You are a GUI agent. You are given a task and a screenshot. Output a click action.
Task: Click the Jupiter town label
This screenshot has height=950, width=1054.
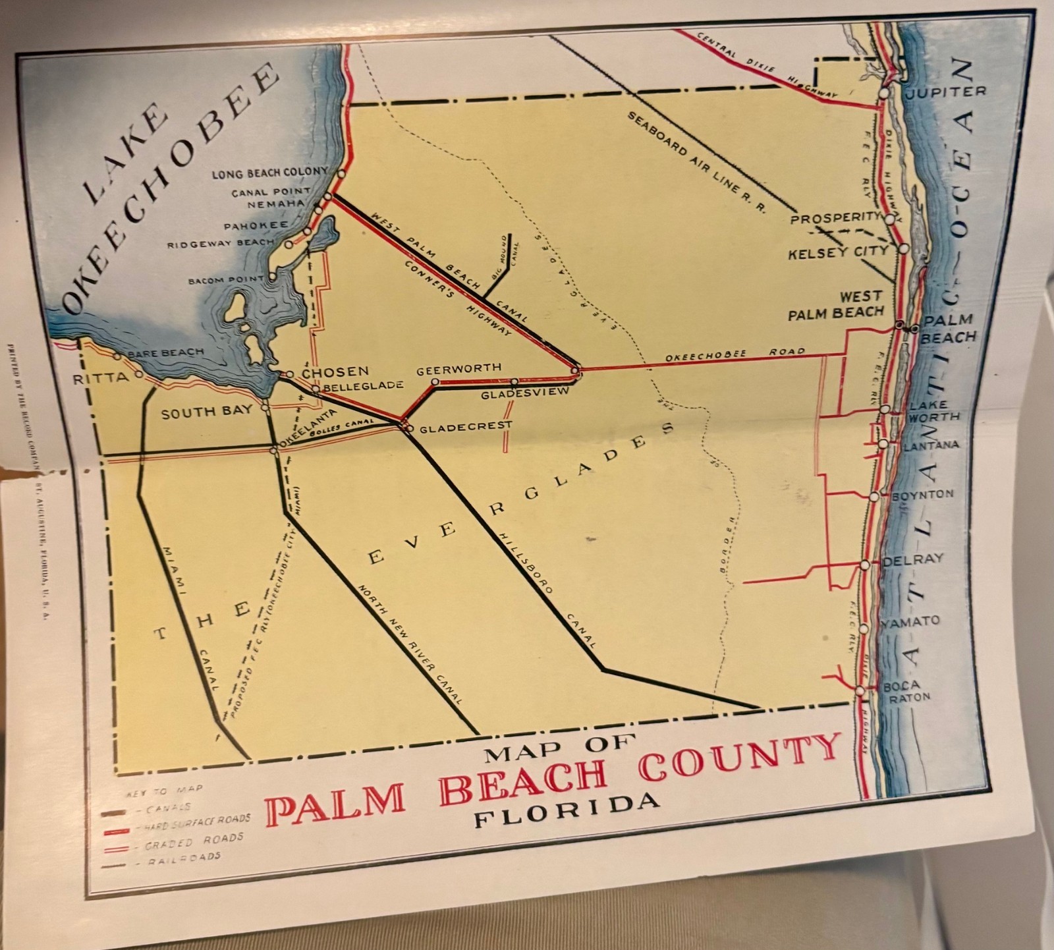click(x=945, y=92)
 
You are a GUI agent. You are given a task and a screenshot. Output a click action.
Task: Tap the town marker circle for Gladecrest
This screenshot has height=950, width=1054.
click(x=409, y=429)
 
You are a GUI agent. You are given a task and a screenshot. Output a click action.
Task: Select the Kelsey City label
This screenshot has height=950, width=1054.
click(x=838, y=252)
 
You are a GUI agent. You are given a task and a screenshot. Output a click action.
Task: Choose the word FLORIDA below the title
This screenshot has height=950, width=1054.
click(x=567, y=810)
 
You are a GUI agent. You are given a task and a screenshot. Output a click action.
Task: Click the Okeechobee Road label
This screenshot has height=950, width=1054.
click(x=734, y=354)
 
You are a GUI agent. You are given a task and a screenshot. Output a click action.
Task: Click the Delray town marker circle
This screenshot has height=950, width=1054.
click(x=865, y=565)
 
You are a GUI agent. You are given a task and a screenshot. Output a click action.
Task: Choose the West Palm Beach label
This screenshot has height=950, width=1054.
click(x=836, y=306)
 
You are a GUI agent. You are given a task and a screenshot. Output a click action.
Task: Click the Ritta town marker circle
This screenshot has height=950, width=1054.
click(x=139, y=374)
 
